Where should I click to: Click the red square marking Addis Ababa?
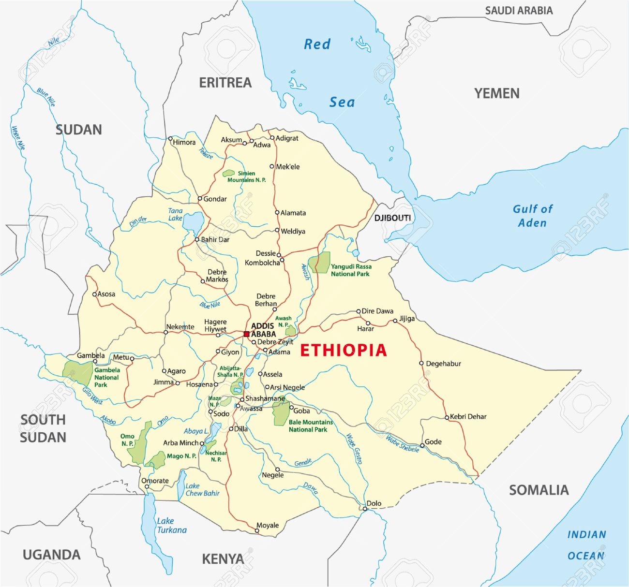point(246,334)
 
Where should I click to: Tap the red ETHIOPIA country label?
point(344,350)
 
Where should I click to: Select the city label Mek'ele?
point(288,167)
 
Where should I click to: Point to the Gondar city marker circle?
point(199,199)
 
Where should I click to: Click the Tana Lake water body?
point(193,222)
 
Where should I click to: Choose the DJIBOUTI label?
point(392,218)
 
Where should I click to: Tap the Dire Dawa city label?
point(377,311)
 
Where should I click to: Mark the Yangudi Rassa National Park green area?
point(320,263)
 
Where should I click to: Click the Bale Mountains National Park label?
point(308,426)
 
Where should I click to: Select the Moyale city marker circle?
point(257,531)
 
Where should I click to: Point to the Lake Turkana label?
point(171,526)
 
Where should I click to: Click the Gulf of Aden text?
point(532,216)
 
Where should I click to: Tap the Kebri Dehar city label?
point(468,416)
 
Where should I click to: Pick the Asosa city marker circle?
point(95,294)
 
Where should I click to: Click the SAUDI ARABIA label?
point(519,11)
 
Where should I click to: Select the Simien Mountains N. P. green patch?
point(228,173)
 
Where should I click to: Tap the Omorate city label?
point(155,481)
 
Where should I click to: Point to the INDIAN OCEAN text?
point(586,545)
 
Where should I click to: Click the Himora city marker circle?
point(170,139)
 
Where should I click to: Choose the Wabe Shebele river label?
point(402,444)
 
